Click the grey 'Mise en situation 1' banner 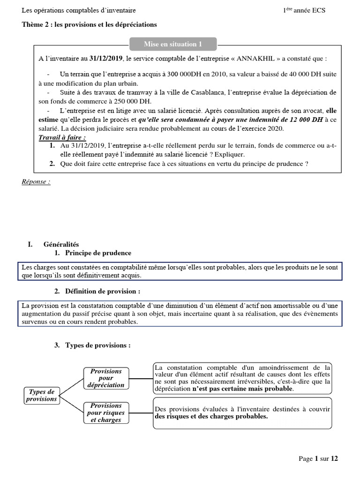click(172, 44)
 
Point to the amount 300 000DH click(203, 74)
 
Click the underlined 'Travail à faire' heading click(62, 137)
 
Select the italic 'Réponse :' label click(36, 182)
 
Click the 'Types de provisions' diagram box click(41, 395)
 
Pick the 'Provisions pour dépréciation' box click(106, 378)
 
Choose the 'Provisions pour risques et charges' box click(106, 412)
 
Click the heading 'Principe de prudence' click(98, 253)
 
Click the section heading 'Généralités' click(61, 244)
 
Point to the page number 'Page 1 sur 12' click(318, 458)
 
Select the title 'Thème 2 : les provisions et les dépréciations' click(89, 24)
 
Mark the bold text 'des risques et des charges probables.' click(211, 416)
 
